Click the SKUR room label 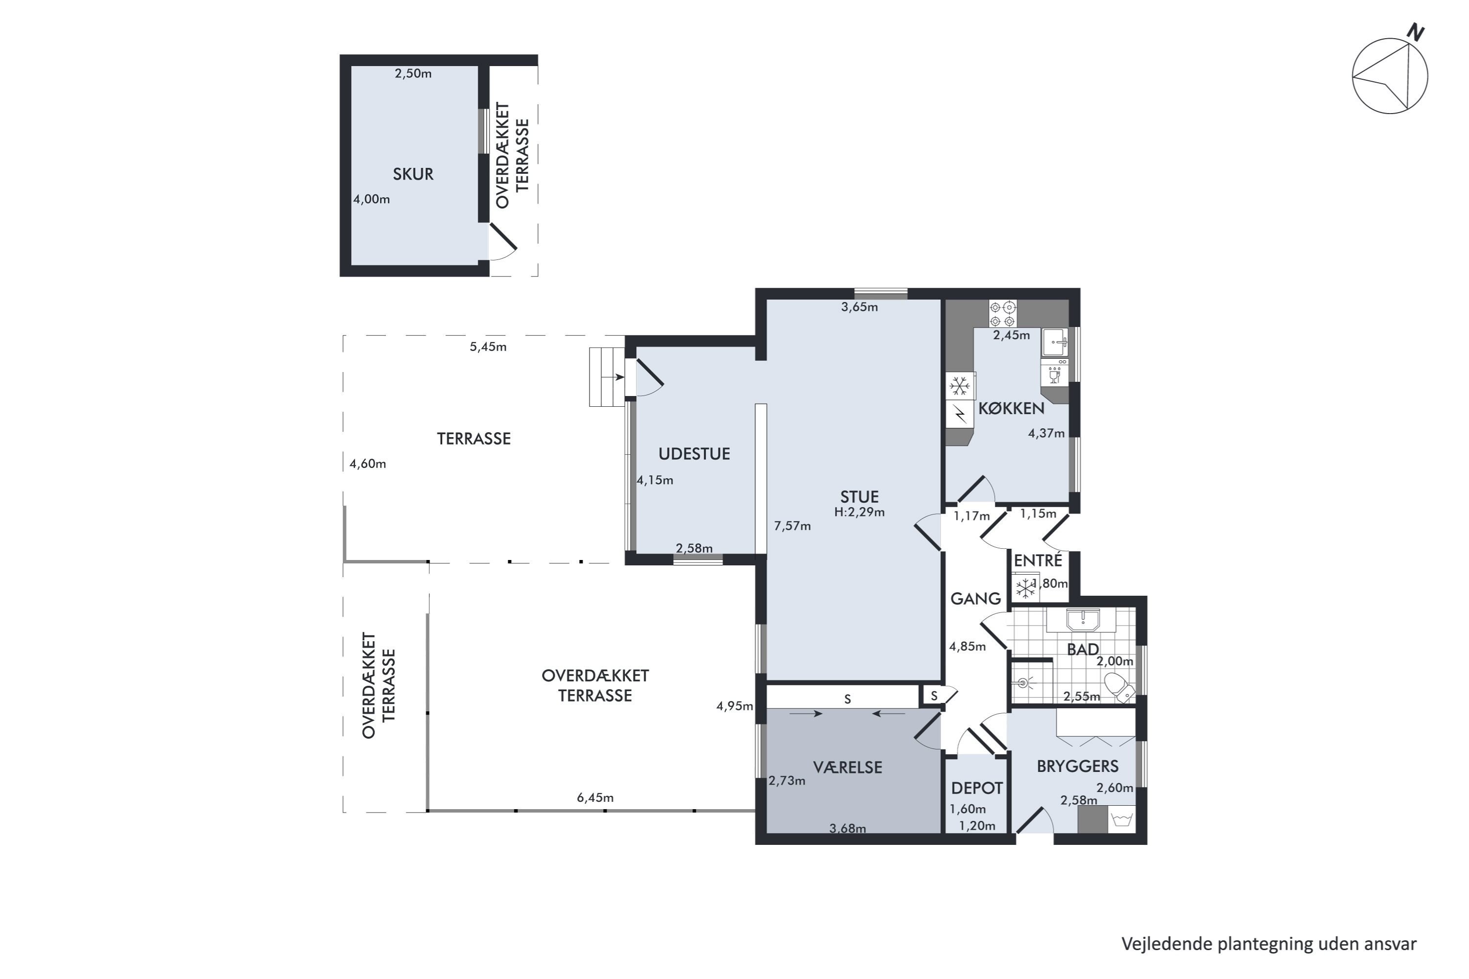[413, 174]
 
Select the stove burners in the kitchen [1002, 313]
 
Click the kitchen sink [1054, 342]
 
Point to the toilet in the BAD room [1119, 687]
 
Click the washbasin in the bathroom [1082, 620]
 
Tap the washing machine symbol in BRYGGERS [1121, 819]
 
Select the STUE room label [859, 497]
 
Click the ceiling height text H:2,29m [859, 513]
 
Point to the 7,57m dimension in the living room [793, 526]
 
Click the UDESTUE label [694, 454]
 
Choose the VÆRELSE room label [848, 768]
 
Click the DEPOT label [977, 789]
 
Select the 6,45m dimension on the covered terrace [595, 798]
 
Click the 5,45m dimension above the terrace [488, 347]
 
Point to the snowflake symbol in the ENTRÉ [1025, 588]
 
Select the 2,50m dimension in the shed [413, 74]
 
